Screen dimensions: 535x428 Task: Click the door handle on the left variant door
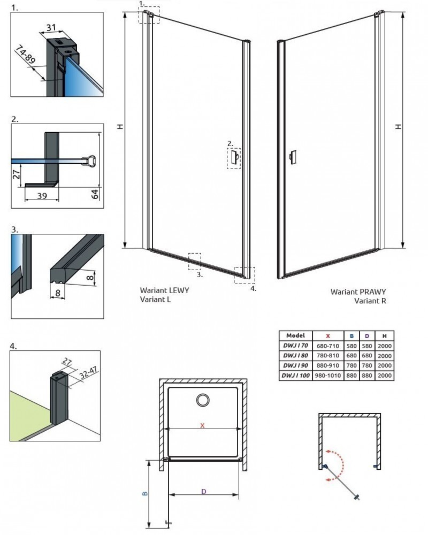pos(234,157)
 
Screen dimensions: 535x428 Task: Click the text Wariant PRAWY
pos(358,292)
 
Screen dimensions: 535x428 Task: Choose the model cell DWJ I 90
pos(295,366)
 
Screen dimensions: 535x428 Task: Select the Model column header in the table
pos(295,335)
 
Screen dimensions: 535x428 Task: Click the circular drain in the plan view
pos(203,400)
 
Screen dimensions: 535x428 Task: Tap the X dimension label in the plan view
pos(202,425)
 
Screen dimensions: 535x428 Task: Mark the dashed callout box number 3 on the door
pos(194,260)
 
